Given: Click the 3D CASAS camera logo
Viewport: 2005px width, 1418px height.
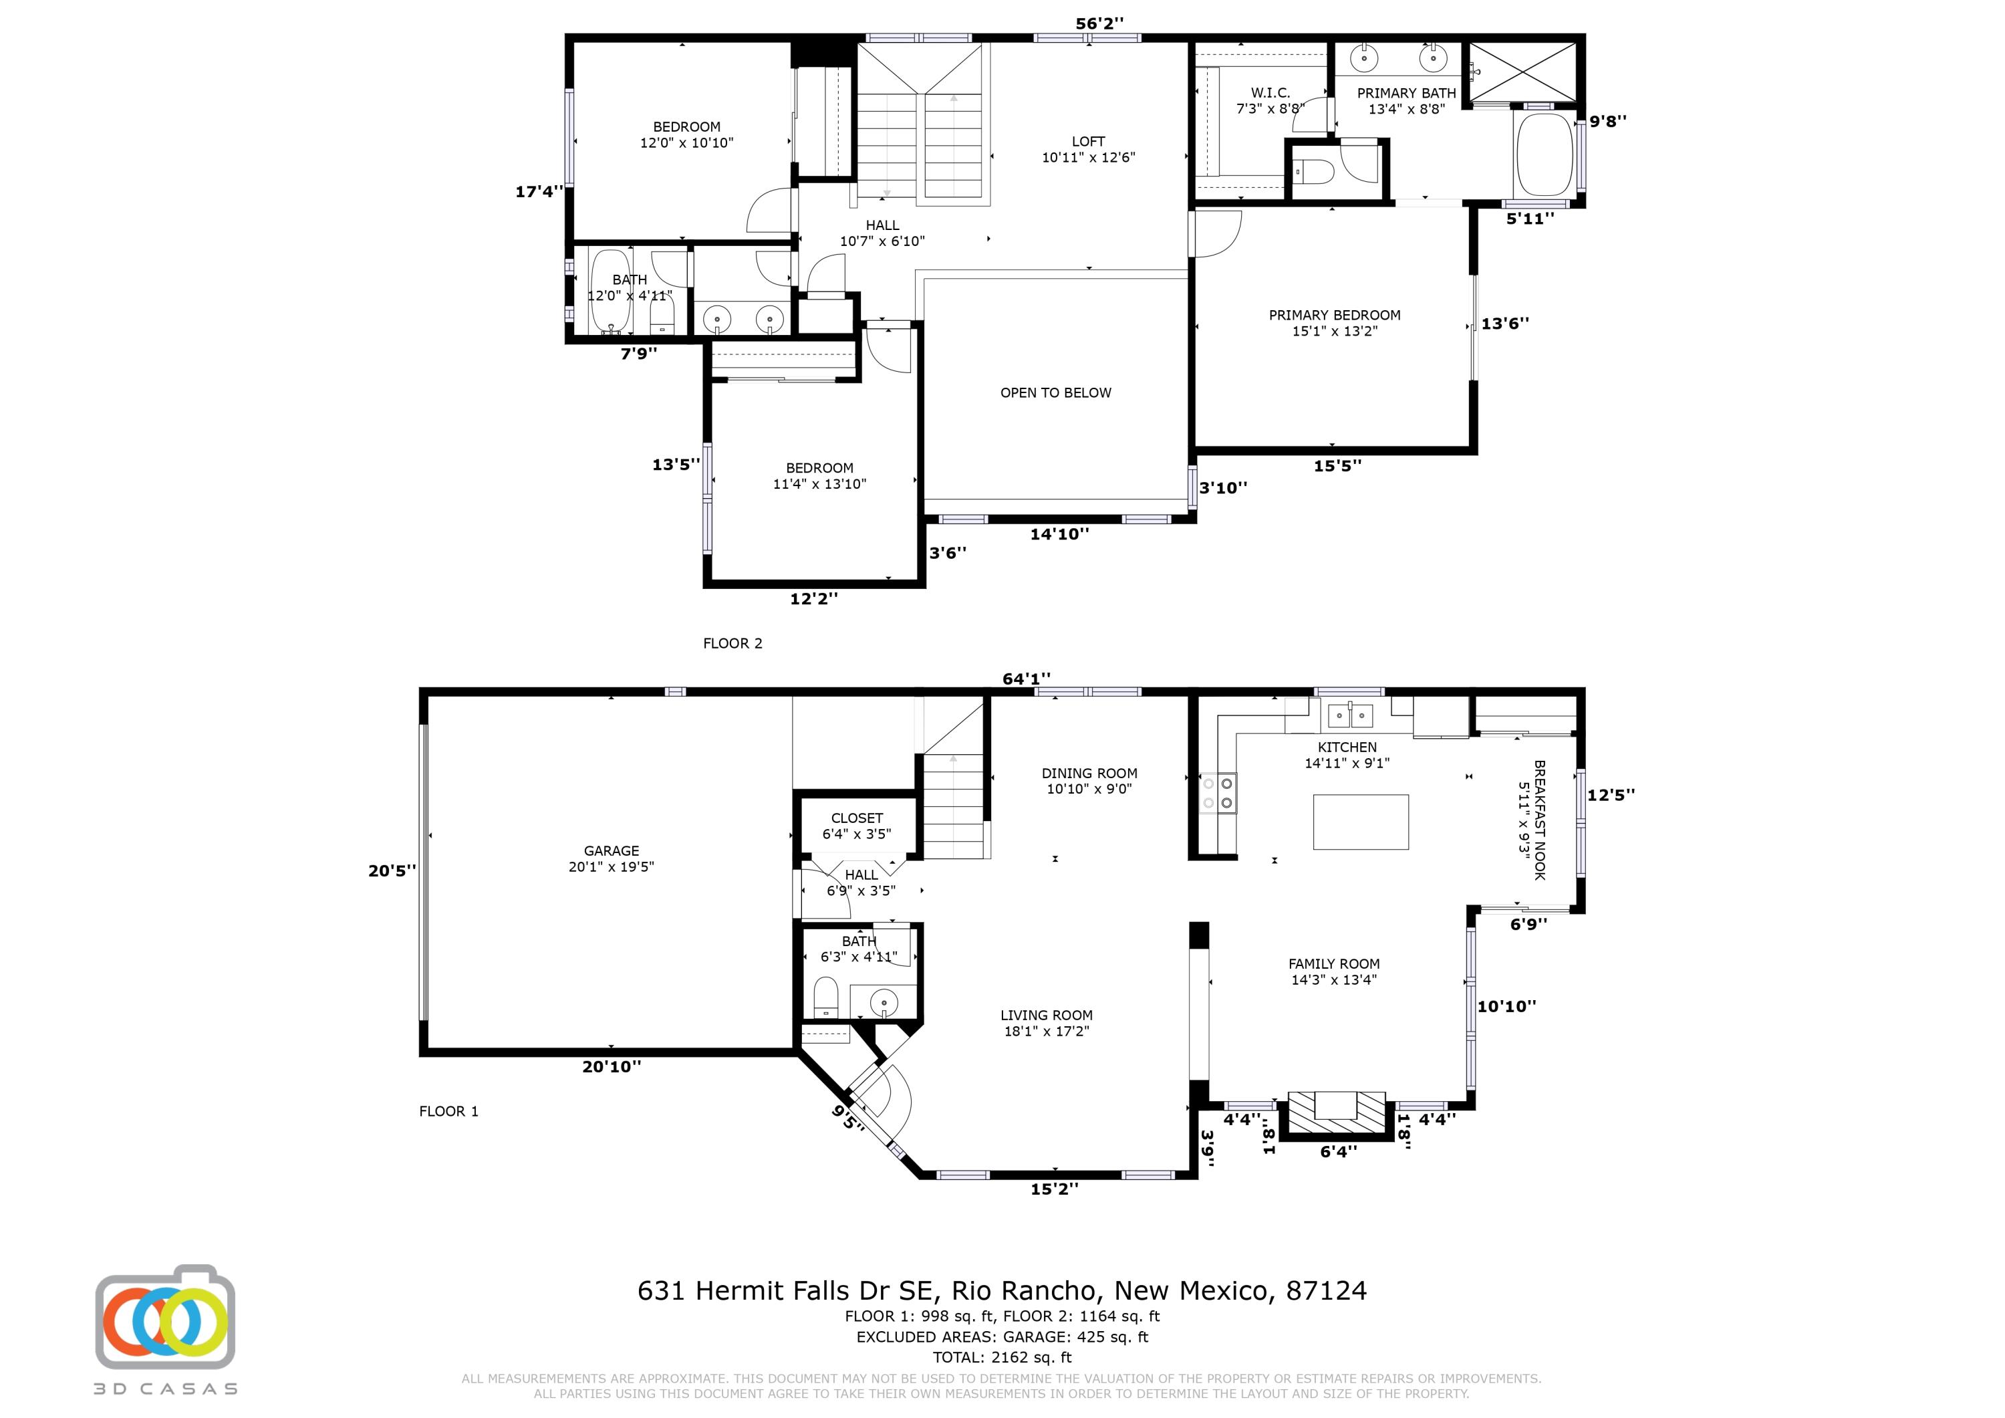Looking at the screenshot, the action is click(x=165, y=1316).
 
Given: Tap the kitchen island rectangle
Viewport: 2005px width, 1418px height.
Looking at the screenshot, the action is click(x=1361, y=821).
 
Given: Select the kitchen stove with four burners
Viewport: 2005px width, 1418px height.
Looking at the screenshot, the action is click(x=1218, y=792).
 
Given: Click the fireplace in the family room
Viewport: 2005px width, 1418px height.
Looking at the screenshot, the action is click(x=1337, y=1116).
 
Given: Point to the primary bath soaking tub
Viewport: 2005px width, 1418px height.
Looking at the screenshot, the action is click(x=1544, y=154).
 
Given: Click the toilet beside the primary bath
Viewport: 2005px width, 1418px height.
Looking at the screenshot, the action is click(x=1313, y=172).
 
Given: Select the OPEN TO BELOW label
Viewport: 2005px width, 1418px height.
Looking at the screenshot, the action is click(x=1056, y=393).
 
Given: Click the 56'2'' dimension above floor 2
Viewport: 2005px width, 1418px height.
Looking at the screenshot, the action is click(x=1099, y=23).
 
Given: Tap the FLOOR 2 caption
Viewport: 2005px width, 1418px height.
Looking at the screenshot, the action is click(x=732, y=643).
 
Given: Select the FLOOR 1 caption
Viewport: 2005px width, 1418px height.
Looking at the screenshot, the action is click(x=449, y=1111).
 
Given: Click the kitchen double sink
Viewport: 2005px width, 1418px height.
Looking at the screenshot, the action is click(x=1350, y=715).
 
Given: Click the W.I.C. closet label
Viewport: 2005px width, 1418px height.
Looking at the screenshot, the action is click(x=1270, y=93).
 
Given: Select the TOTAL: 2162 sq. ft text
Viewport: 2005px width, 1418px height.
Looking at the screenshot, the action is click(x=1002, y=1357).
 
